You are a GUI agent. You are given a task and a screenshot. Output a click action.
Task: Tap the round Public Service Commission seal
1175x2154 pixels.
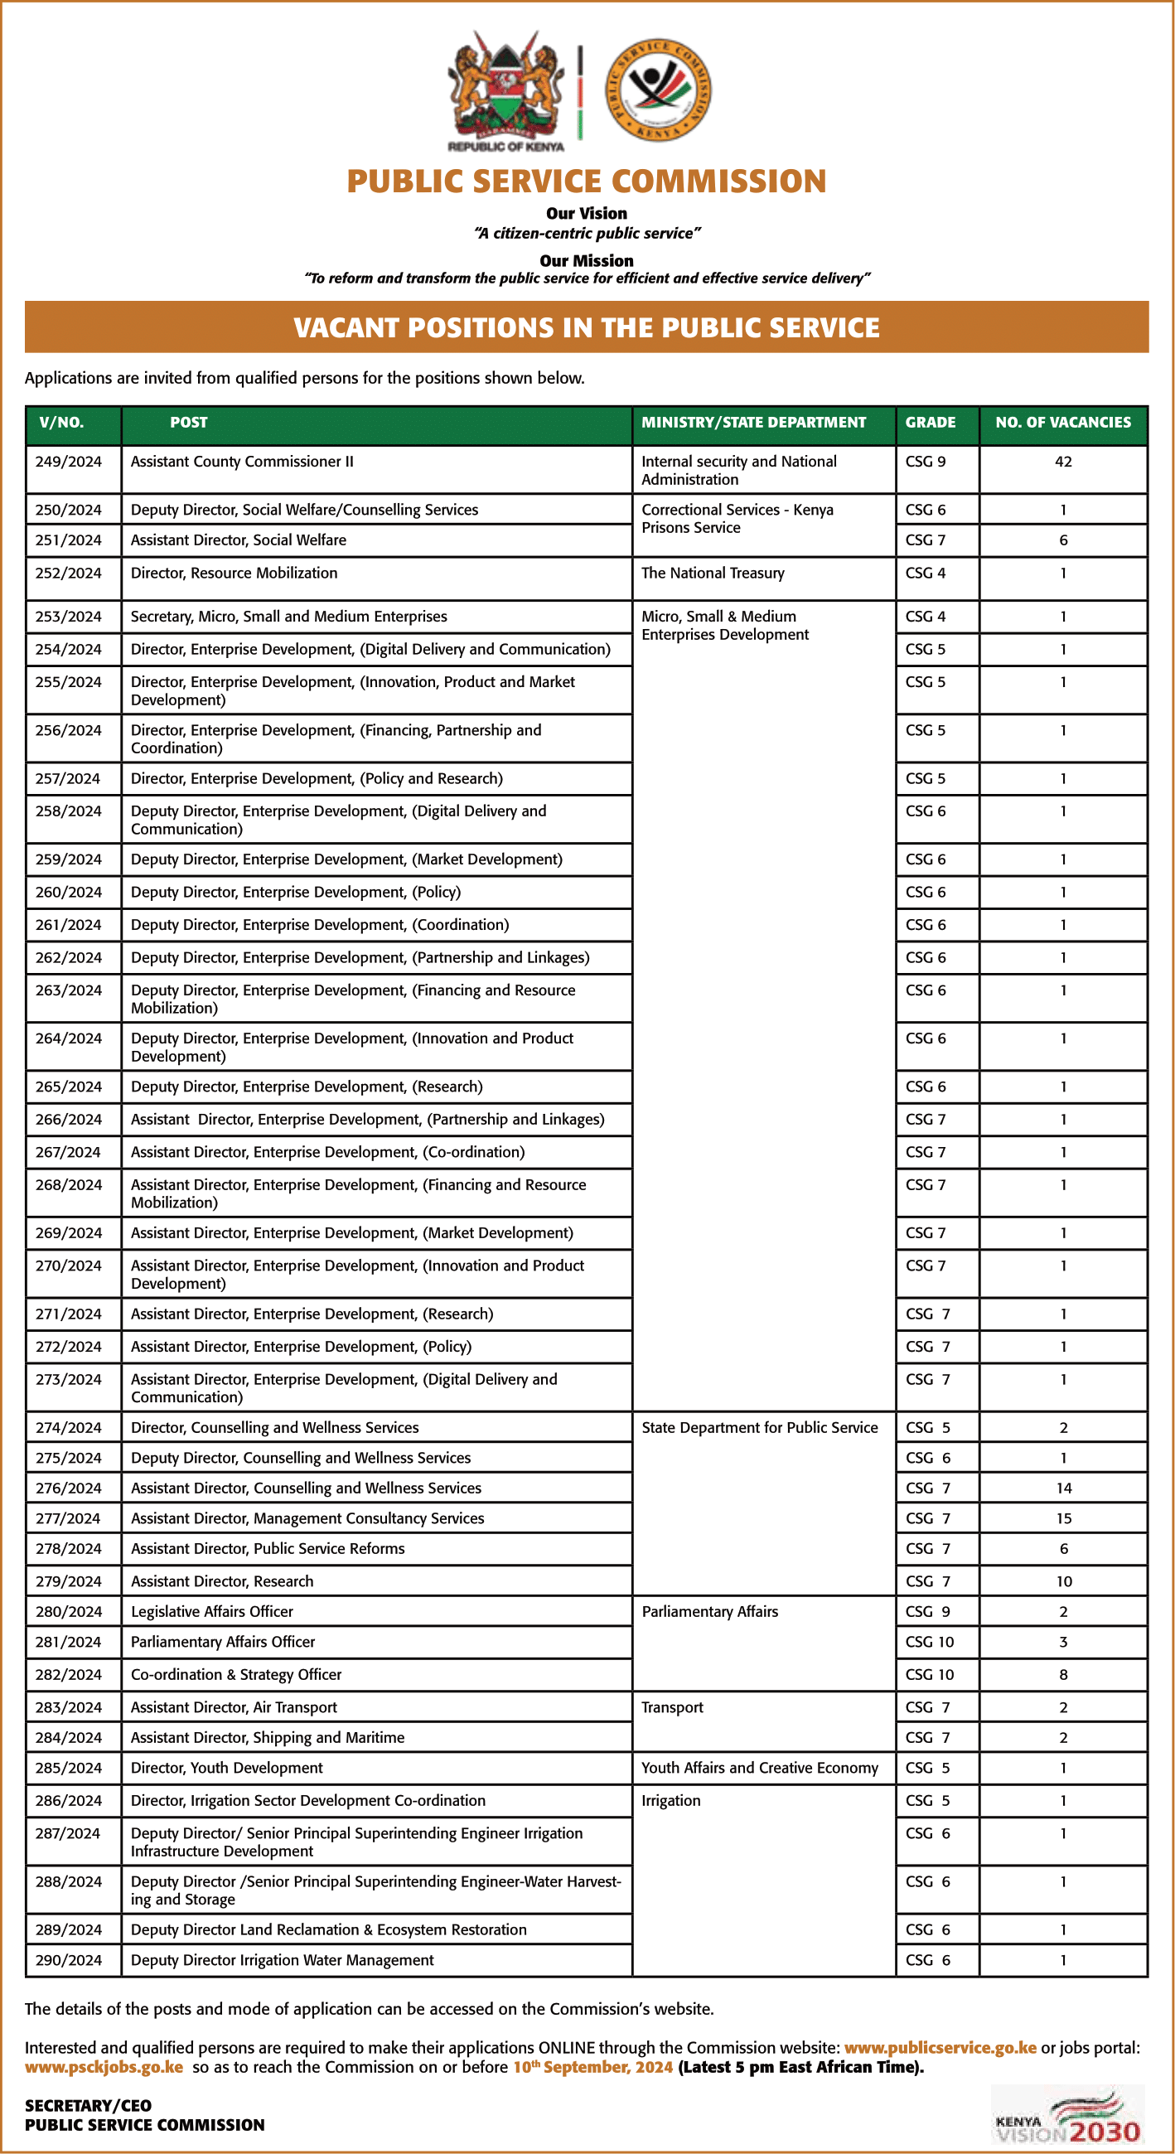tap(658, 90)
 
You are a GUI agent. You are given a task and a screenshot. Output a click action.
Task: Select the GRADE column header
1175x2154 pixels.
tap(930, 423)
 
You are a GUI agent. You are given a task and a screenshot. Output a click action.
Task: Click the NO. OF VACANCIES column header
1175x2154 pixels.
tap(1062, 423)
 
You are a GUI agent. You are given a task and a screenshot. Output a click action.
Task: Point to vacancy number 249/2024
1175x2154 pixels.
tap(69, 462)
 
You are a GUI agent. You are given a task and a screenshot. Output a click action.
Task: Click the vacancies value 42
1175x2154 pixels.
tap(1063, 462)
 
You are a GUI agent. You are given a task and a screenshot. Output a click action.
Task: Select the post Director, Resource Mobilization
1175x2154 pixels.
tap(235, 573)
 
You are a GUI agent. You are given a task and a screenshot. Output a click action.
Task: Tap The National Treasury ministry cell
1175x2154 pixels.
tap(713, 573)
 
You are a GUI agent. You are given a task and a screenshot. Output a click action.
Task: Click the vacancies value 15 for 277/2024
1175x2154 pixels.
tap(1063, 1517)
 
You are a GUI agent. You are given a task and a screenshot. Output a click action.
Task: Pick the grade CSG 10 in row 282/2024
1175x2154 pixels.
tap(929, 1674)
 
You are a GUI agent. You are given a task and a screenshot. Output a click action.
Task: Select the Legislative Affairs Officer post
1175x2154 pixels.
tap(211, 1611)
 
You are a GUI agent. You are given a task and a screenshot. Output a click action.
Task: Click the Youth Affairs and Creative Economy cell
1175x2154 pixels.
tap(759, 1768)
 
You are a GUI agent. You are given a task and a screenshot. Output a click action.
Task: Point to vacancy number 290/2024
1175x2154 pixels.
tap(69, 1959)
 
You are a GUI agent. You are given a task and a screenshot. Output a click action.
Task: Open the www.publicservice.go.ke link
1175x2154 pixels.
tap(940, 2047)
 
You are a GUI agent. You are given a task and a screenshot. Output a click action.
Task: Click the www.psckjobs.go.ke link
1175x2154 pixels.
tap(104, 2067)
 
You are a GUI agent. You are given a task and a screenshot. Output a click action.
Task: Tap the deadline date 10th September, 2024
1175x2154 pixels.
tap(592, 2067)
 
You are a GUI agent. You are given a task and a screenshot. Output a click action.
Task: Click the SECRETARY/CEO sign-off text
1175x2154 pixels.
tap(88, 2105)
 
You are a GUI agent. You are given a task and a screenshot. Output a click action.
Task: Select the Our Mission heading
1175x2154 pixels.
tap(586, 260)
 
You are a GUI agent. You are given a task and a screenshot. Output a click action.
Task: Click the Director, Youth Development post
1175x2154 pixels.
tap(227, 1768)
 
